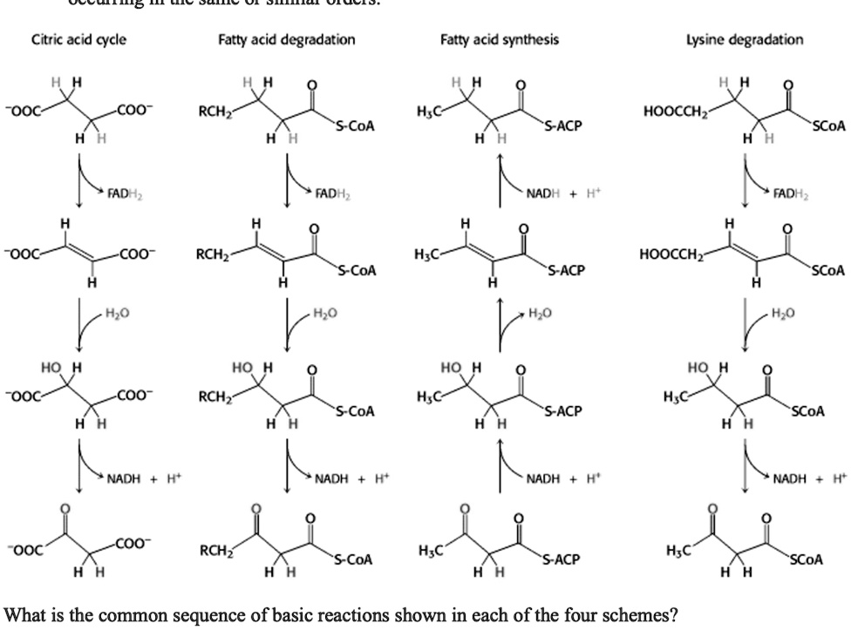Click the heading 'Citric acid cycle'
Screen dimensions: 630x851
(78, 40)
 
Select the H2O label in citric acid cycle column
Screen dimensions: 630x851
(116, 312)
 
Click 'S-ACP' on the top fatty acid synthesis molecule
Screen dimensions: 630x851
(563, 126)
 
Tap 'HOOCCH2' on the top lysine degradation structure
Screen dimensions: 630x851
(673, 112)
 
